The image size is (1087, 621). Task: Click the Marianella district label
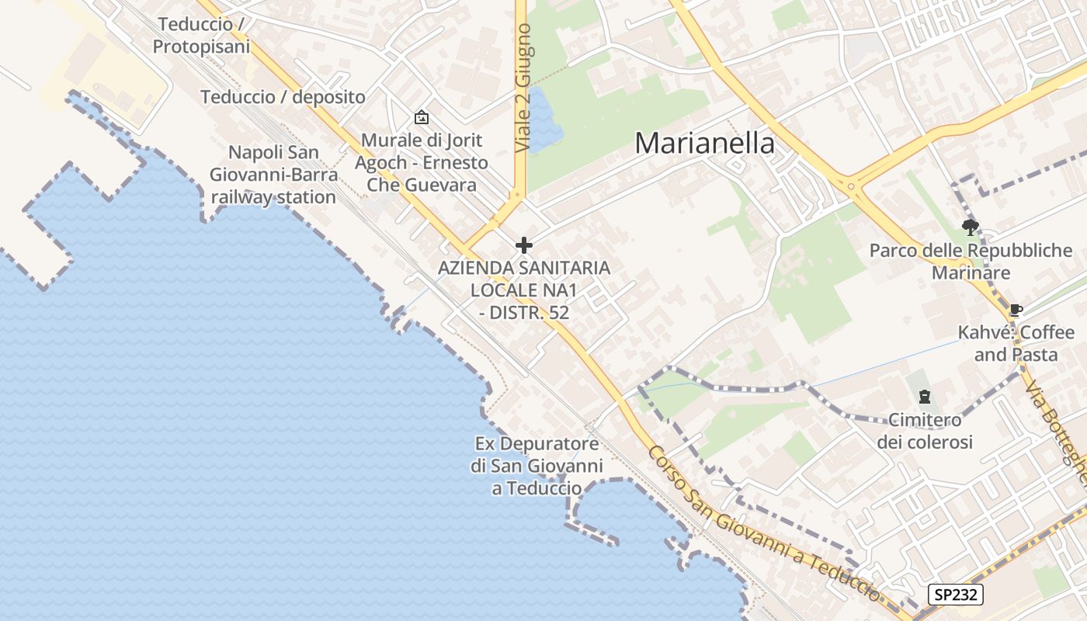tap(704, 144)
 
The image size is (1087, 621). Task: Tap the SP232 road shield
tap(956, 595)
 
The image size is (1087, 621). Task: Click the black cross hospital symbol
tap(524, 245)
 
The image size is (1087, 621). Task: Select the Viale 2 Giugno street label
tap(523, 88)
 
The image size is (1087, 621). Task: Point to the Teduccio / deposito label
tap(283, 97)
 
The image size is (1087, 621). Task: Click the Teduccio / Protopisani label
tap(201, 36)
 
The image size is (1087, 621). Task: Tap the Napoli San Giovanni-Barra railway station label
tap(273, 175)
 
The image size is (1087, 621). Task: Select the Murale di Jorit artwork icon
tap(422, 117)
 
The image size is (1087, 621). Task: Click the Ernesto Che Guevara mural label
tap(422, 163)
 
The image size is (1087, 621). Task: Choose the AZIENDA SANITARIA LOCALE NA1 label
tap(524, 290)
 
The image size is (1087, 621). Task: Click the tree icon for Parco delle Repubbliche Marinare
tap(970, 227)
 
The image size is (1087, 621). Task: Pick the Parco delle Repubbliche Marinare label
tap(971, 262)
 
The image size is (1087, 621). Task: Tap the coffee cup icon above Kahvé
tap(1016, 310)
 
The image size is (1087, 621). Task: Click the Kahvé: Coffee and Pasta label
tap(1016, 343)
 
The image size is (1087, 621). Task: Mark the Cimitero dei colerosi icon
tap(924, 397)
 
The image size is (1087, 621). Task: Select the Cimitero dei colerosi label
tap(925, 431)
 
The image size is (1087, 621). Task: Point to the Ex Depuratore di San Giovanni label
tap(537, 466)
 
